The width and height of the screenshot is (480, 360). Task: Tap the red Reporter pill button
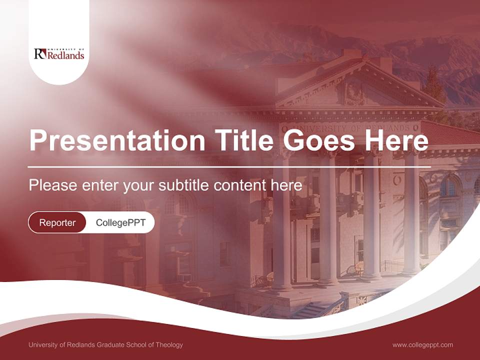57,222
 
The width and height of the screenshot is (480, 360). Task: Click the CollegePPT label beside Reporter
120,222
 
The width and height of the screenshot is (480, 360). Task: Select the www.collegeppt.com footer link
422,344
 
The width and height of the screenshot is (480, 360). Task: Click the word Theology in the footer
168,344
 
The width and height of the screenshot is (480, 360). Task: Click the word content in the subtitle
240,185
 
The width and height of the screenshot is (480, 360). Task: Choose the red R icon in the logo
39,53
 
